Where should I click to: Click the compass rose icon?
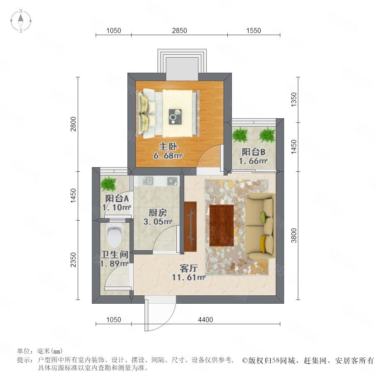point(21,21)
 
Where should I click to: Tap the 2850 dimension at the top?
point(179,30)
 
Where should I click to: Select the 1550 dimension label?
point(254,30)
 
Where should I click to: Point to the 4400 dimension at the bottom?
point(206,320)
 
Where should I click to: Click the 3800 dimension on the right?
point(294,236)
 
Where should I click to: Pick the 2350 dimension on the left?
point(73,260)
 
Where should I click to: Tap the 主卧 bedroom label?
point(168,147)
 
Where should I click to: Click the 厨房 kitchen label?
point(158,213)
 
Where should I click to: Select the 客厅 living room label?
point(189,268)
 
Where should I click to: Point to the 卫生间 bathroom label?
point(114,254)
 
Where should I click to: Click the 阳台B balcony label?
point(253,152)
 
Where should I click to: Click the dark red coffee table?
point(221,226)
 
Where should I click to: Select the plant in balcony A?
point(109,183)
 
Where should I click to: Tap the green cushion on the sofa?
point(264,216)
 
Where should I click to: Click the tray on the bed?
point(175,117)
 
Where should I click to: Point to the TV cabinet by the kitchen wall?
point(191,226)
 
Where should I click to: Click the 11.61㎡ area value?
point(189,277)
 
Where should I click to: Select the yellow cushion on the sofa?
point(263,244)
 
